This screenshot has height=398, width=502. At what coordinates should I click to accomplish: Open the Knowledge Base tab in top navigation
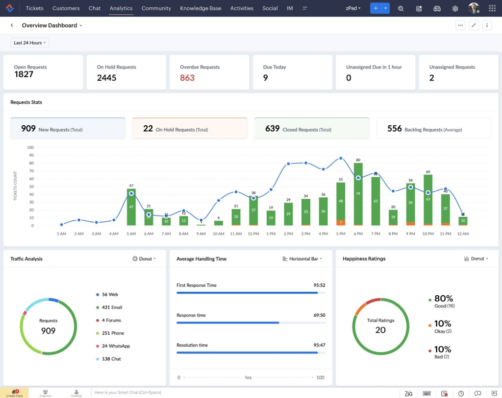point(201,8)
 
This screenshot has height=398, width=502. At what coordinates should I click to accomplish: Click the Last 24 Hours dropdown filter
point(30,43)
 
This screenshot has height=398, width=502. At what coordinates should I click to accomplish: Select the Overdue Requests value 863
point(187,78)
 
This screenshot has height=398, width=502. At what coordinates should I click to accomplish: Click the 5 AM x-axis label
point(131,234)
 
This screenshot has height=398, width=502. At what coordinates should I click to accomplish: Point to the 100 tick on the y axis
point(30,147)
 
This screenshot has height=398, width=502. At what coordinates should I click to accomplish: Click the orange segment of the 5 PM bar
point(341,223)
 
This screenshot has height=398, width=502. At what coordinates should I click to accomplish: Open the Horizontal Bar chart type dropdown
point(302,259)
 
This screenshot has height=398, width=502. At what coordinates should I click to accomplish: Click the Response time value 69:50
point(319,315)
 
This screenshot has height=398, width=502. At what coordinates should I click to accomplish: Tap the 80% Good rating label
point(443,299)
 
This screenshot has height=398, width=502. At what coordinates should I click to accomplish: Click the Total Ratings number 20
point(380,330)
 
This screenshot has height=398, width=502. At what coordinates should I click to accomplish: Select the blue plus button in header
point(376,8)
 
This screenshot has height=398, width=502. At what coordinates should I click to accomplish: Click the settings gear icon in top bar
point(455,8)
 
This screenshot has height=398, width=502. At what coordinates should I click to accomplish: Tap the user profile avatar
point(473,8)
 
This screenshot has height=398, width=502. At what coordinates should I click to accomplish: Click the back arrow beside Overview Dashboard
point(12,25)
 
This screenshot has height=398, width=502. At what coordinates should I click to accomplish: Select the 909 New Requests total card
point(68,129)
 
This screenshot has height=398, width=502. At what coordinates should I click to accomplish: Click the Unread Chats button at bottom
point(14,393)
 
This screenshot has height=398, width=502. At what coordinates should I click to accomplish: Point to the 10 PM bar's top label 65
point(428,172)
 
